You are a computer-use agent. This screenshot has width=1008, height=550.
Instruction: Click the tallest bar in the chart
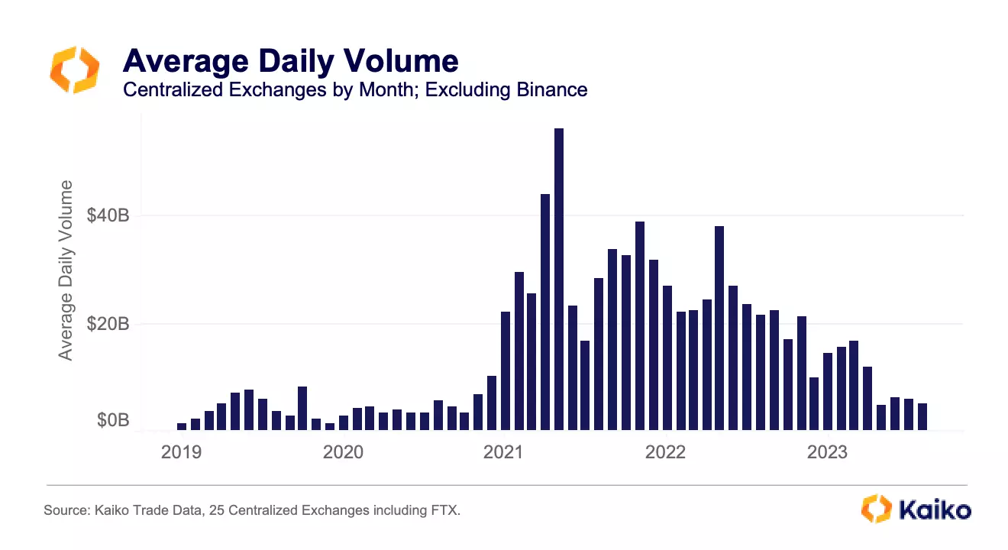pos(559,279)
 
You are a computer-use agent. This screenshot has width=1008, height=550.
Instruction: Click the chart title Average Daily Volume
pos(290,60)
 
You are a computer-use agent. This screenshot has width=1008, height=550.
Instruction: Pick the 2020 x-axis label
pos(343,452)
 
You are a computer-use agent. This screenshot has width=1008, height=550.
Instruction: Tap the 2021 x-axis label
pos(505,452)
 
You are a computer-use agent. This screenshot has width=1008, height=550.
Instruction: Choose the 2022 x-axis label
pos(666,452)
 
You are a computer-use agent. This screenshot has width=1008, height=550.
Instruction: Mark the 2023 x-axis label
pos(827,452)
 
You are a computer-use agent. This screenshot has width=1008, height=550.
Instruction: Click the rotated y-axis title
pos(66,270)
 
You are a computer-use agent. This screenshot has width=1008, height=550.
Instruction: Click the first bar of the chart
pos(182,426)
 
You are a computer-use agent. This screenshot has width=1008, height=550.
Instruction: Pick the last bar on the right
pos(922,416)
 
